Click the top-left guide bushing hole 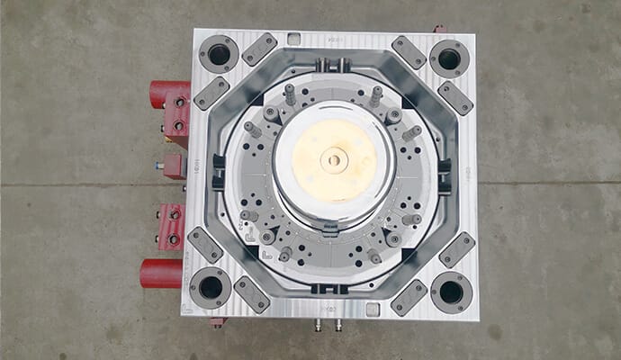coord(219,55)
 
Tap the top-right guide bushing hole coord(448,58)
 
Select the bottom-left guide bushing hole coord(211,287)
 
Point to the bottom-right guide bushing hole coord(450,292)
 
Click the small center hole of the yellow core coord(334,161)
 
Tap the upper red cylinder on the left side coord(164,93)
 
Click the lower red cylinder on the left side coord(161,273)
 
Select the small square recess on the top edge coord(293,38)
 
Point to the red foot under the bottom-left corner coord(217,321)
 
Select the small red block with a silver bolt coord(171,166)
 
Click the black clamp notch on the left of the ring coord(217,172)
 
